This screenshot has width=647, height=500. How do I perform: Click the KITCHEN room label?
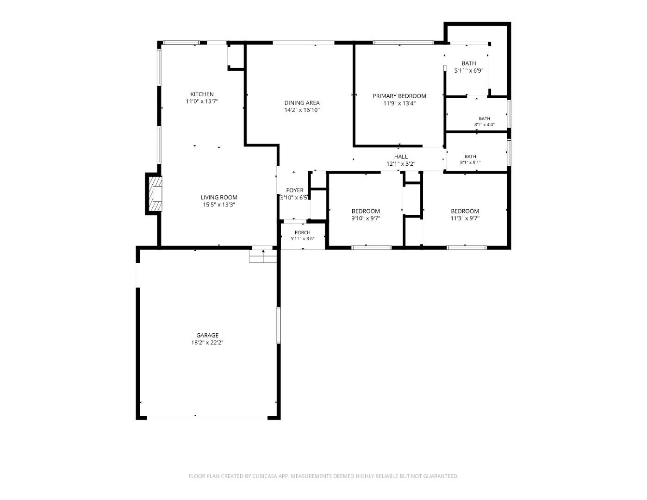(202, 94)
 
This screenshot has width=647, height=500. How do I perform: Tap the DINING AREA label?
(302, 103)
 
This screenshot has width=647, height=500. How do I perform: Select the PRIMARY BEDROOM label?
(399, 96)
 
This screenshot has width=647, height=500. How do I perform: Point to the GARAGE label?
(207, 335)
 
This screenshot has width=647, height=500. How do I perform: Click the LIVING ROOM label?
(219, 197)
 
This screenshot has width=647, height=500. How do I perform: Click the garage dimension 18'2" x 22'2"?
(207, 343)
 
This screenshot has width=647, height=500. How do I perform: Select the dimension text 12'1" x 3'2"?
(401, 164)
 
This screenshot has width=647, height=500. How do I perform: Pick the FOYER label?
(295, 190)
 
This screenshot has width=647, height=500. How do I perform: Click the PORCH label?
(303, 232)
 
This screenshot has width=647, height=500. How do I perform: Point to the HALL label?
(401, 156)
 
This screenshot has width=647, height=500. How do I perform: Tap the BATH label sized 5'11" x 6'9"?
(469, 63)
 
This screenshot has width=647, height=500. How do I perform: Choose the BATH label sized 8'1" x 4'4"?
(485, 118)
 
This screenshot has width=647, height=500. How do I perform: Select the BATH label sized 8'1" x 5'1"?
(470, 156)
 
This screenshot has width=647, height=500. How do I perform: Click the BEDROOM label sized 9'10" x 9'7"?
(366, 211)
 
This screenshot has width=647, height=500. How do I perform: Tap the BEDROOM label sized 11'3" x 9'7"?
(465, 211)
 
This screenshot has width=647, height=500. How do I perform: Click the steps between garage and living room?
(263, 256)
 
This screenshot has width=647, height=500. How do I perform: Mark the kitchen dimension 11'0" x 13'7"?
(202, 101)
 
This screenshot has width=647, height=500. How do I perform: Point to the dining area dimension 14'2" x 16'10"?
(302, 110)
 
